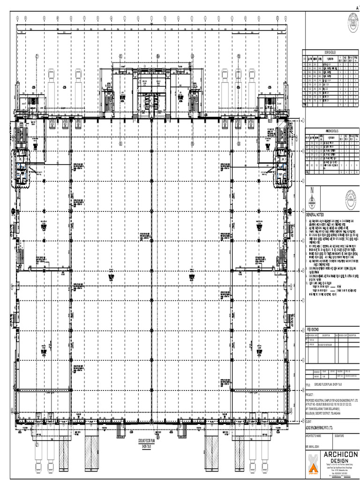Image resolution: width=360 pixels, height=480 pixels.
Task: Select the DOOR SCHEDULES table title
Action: point(330,52)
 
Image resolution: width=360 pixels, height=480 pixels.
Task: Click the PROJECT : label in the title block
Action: point(310,395)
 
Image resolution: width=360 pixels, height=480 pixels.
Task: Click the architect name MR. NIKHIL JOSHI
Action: point(314,448)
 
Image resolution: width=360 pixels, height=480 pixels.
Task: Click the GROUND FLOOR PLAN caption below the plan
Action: point(147,442)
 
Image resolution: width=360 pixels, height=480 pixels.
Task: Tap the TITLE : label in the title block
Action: point(308,383)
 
